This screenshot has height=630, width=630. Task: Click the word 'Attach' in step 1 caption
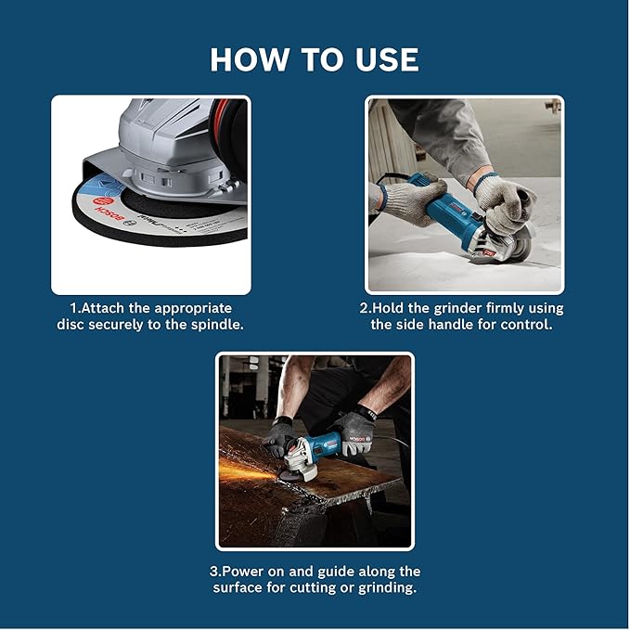pos(114,307)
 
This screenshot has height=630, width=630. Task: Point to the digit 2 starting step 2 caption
pos(363,308)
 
